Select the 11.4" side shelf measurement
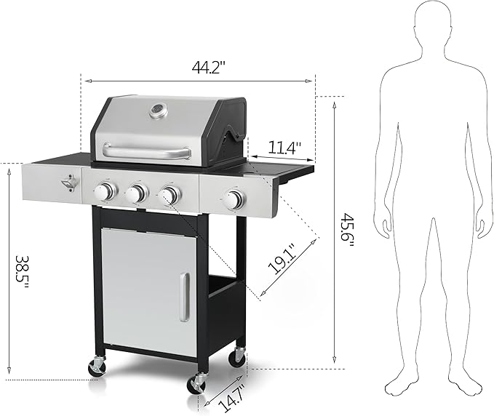click(283, 148)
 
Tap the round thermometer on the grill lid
click(156, 111)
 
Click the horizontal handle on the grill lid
click(146, 151)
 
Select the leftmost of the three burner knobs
click(106, 192)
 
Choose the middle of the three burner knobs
click(136, 193)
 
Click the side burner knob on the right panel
click(234, 201)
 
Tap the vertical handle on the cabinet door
click(185, 297)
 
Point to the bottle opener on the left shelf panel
click(70, 185)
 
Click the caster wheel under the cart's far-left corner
click(97, 368)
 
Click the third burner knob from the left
click(169, 195)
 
